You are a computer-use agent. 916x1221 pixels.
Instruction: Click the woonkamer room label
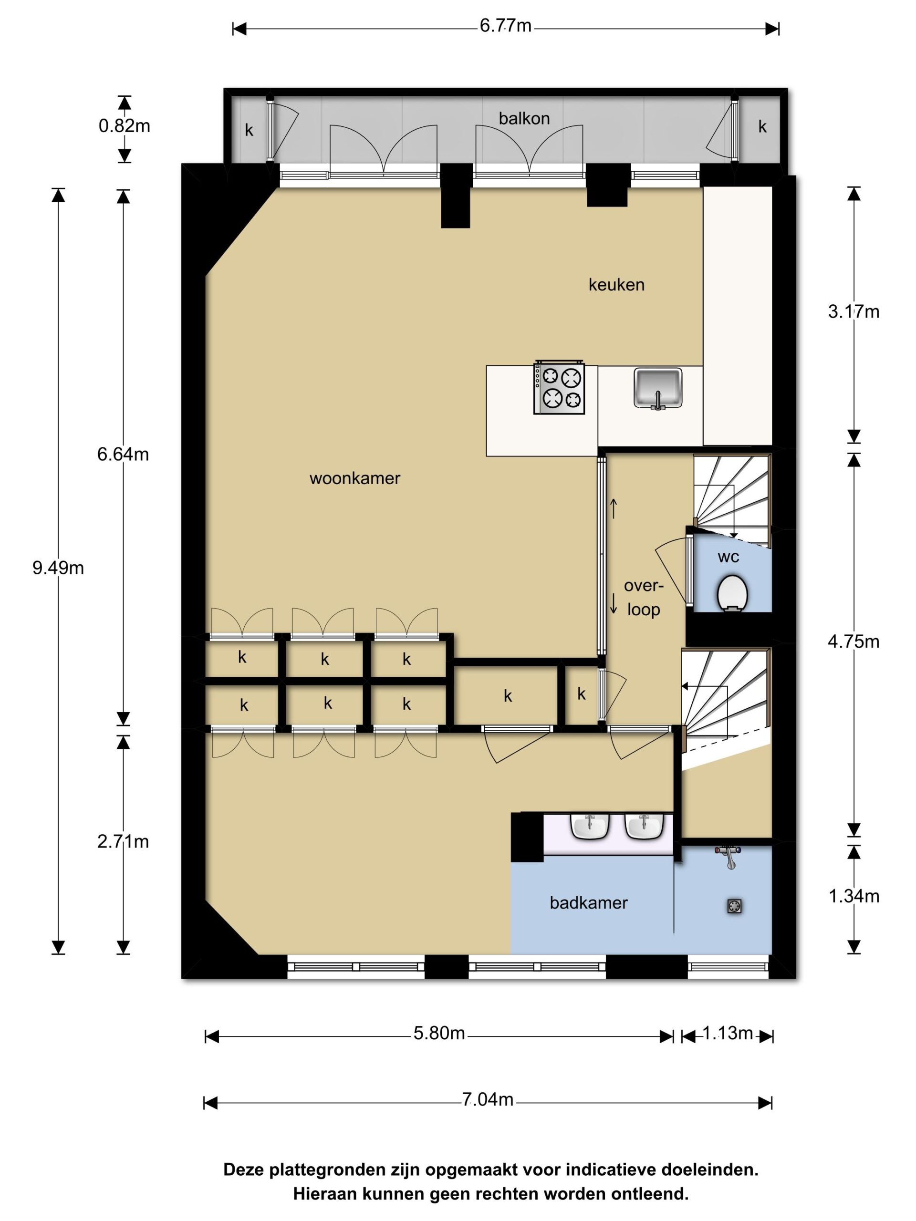click(x=354, y=478)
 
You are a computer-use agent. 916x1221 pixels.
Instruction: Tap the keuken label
click(x=616, y=285)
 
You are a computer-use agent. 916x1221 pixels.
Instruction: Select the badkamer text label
click(x=589, y=903)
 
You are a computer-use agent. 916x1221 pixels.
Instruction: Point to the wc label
click(x=729, y=557)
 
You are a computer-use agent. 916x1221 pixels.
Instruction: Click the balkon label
click(x=524, y=119)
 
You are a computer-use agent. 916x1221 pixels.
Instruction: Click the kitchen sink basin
click(x=657, y=389)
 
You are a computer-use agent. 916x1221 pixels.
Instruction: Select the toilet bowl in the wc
click(x=733, y=593)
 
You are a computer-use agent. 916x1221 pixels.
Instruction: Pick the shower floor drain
click(x=734, y=906)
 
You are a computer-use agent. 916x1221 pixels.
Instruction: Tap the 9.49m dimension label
click(x=58, y=568)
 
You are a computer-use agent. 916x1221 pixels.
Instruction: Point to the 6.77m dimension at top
click(x=505, y=26)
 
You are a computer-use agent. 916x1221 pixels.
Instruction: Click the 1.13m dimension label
click(x=728, y=1033)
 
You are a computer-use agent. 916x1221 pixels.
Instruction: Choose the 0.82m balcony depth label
click(x=124, y=126)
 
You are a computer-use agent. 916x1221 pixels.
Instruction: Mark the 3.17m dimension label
click(x=854, y=312)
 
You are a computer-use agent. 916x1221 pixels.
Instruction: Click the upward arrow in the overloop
click(x=613, y=508)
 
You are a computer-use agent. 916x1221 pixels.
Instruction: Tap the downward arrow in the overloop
click(x=613, y=604)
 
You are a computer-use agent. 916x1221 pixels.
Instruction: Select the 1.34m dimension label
click(x=854, y=896)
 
